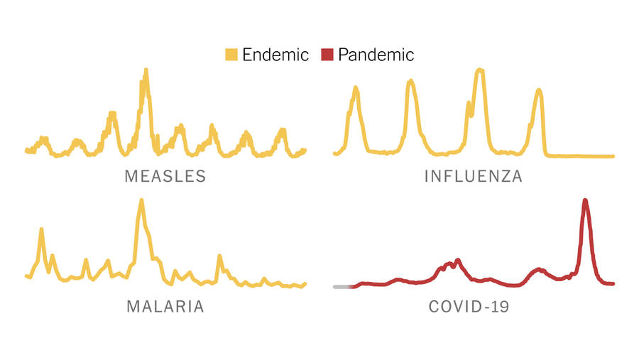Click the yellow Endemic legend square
click(x=231, y=55)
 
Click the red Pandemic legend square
click(x=327, y=55)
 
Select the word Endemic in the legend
click(x=275, y=55)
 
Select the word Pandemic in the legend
click(x=376, y=55)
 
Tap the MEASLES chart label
click(x=165, y=176)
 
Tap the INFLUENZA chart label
click(x=474, y=176)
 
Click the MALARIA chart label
click(x=165, y=307)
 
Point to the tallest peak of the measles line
click(x=146, y=70)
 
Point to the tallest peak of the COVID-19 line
click(x=585, y=200)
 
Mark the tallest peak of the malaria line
click(x=141, y=201)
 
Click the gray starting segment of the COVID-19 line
click(x=342, y=286)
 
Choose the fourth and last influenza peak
click(x=539, y=90)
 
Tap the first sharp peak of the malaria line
click(x=41, y=229)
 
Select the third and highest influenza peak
click(x=481, y=70)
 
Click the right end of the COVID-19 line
click(x=612, y=283)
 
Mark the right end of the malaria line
click(x=305, y=283)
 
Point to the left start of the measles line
click(x=26, y=150)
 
